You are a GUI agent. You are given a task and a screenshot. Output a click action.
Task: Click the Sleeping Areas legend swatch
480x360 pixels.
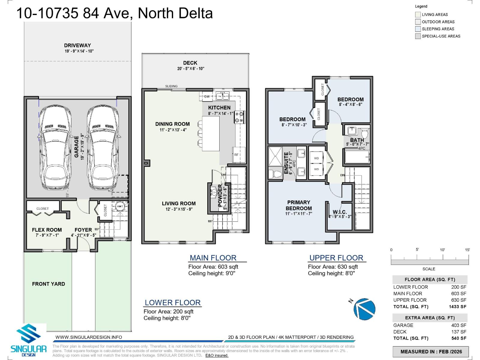[x=418, y=29]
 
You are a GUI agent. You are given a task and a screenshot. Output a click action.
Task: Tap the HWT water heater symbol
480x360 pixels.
[x=120, y=207]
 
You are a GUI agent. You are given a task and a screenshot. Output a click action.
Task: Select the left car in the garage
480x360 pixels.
[x=55, y=147]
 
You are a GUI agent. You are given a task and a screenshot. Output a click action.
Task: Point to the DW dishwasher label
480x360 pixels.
[x=207, y=97]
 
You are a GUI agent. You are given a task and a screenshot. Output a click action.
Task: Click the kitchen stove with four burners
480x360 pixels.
[x=240, y=117]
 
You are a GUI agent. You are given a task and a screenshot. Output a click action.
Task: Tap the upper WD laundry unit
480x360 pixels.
[x=316, y=158]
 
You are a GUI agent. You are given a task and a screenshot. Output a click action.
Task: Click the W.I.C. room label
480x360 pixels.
[x=340, y=212]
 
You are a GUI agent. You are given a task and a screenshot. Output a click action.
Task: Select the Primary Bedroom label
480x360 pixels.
[x=298, y=205]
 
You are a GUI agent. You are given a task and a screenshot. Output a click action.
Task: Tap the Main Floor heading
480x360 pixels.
[x=213, y=258]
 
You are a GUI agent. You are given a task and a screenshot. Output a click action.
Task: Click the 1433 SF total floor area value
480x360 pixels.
[x=457, y=307]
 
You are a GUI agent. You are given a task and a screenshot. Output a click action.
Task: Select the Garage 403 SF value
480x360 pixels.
[x=459, y=325]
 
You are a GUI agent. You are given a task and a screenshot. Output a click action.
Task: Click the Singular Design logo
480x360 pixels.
[x=28, y=340]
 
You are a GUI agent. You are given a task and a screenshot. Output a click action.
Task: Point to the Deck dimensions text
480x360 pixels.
[x=190, y=69]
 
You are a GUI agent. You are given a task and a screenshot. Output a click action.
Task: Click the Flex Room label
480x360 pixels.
[x=47, y=230]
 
